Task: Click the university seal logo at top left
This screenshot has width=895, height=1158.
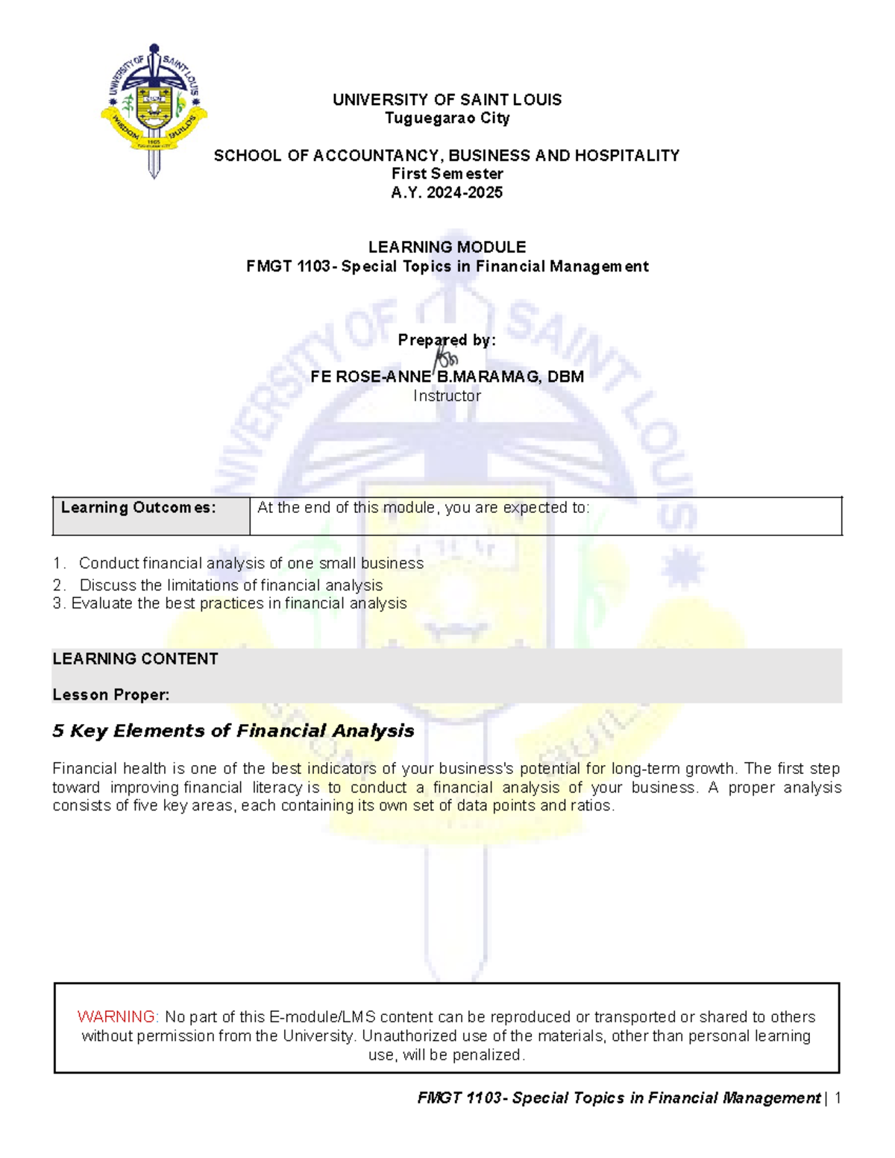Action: tap(154, 110)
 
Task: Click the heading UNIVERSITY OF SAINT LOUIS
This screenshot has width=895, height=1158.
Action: tap(447, 100)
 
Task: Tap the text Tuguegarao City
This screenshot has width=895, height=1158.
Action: tap(447, 118)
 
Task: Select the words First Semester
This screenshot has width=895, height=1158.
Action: tap(447, 174)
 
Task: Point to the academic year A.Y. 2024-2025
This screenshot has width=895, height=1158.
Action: tap(447, 192)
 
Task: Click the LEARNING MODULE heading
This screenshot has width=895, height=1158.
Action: tap(447, 247)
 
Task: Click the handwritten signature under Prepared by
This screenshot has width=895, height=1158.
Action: tap(445, 356)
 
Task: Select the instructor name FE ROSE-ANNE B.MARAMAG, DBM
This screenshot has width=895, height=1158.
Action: tap(447, 377)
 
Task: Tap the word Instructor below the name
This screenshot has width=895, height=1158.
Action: tap(447, 396)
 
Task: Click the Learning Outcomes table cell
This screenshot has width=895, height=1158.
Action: tap(151, 516)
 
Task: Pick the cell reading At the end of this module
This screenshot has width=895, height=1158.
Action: tap(545, 516)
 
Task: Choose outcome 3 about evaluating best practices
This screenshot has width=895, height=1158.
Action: tap(230, 603)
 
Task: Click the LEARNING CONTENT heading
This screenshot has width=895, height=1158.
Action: tap(135, 659)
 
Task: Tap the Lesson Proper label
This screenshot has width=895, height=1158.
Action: tap(111, 695)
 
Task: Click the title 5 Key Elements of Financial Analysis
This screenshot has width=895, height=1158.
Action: tap(233, 731)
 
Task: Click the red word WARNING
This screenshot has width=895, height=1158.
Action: tap(117, 1017)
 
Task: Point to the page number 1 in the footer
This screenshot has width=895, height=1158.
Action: tap(838, 1098)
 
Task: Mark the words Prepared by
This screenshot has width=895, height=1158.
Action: tap(447, 340)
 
